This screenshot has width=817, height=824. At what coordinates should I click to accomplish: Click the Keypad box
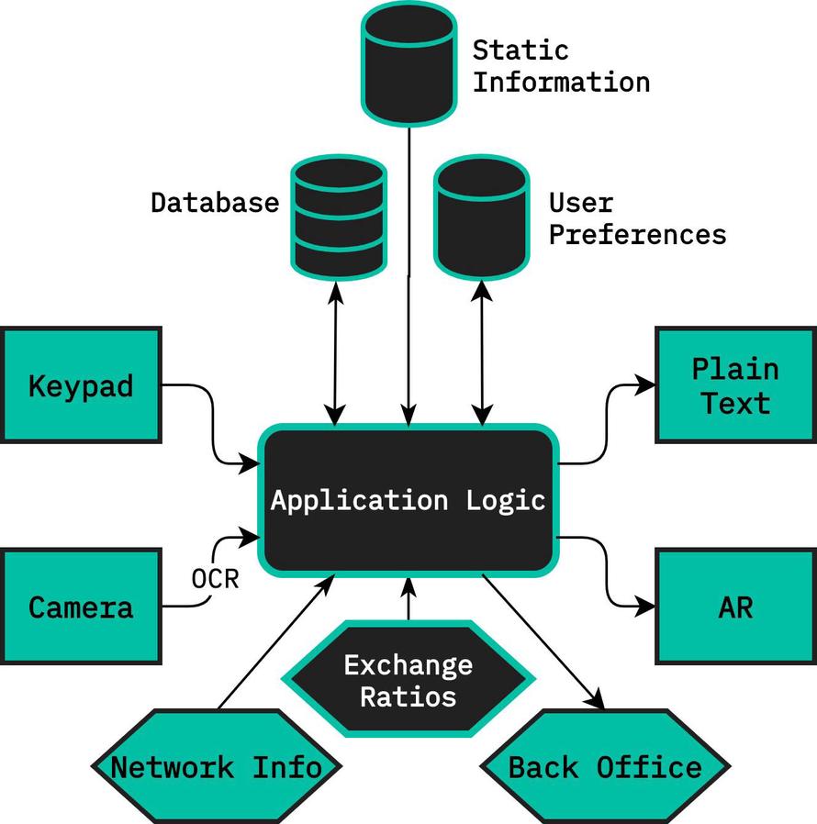(81, 385)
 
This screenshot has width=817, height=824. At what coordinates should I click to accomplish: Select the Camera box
(81, 607)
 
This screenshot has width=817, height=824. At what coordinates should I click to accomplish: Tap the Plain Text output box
(735, 385)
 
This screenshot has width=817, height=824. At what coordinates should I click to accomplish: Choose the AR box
(735, 607)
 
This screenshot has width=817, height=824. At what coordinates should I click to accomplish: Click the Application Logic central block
(408, 500)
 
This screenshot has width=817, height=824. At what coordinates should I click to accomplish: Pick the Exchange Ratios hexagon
(408, 679)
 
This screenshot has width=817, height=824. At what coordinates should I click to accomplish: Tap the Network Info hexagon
(217, 766)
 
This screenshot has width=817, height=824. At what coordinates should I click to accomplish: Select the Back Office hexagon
(605, 766)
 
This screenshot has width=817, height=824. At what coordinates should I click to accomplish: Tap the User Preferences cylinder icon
(481, 216)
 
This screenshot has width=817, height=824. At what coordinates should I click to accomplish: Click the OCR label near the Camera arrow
(215, 579)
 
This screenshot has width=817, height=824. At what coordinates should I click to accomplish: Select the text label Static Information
(561, 66)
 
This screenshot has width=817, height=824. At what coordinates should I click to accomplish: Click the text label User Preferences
(637, 218)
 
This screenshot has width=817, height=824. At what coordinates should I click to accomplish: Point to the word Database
(215, 203)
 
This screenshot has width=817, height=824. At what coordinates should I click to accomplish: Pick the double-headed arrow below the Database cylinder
(337, 353)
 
